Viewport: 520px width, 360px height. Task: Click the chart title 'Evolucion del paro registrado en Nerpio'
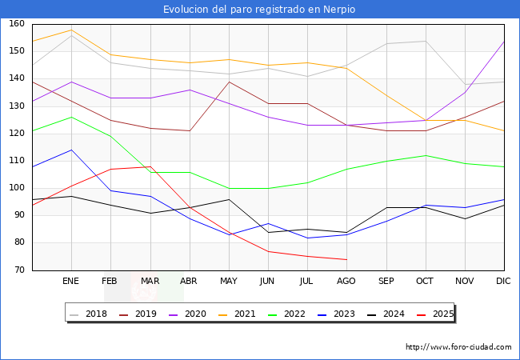259,10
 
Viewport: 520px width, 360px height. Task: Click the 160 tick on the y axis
17,24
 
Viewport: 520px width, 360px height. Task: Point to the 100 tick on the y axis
17,188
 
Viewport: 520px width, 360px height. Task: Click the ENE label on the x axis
71,282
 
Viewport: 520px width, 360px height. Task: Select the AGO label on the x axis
346,282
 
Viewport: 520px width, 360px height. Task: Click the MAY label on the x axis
229,282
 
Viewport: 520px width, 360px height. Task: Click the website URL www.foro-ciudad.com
458,347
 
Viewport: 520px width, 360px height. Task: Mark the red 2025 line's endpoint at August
346,259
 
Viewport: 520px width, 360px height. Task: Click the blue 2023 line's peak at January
71,150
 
